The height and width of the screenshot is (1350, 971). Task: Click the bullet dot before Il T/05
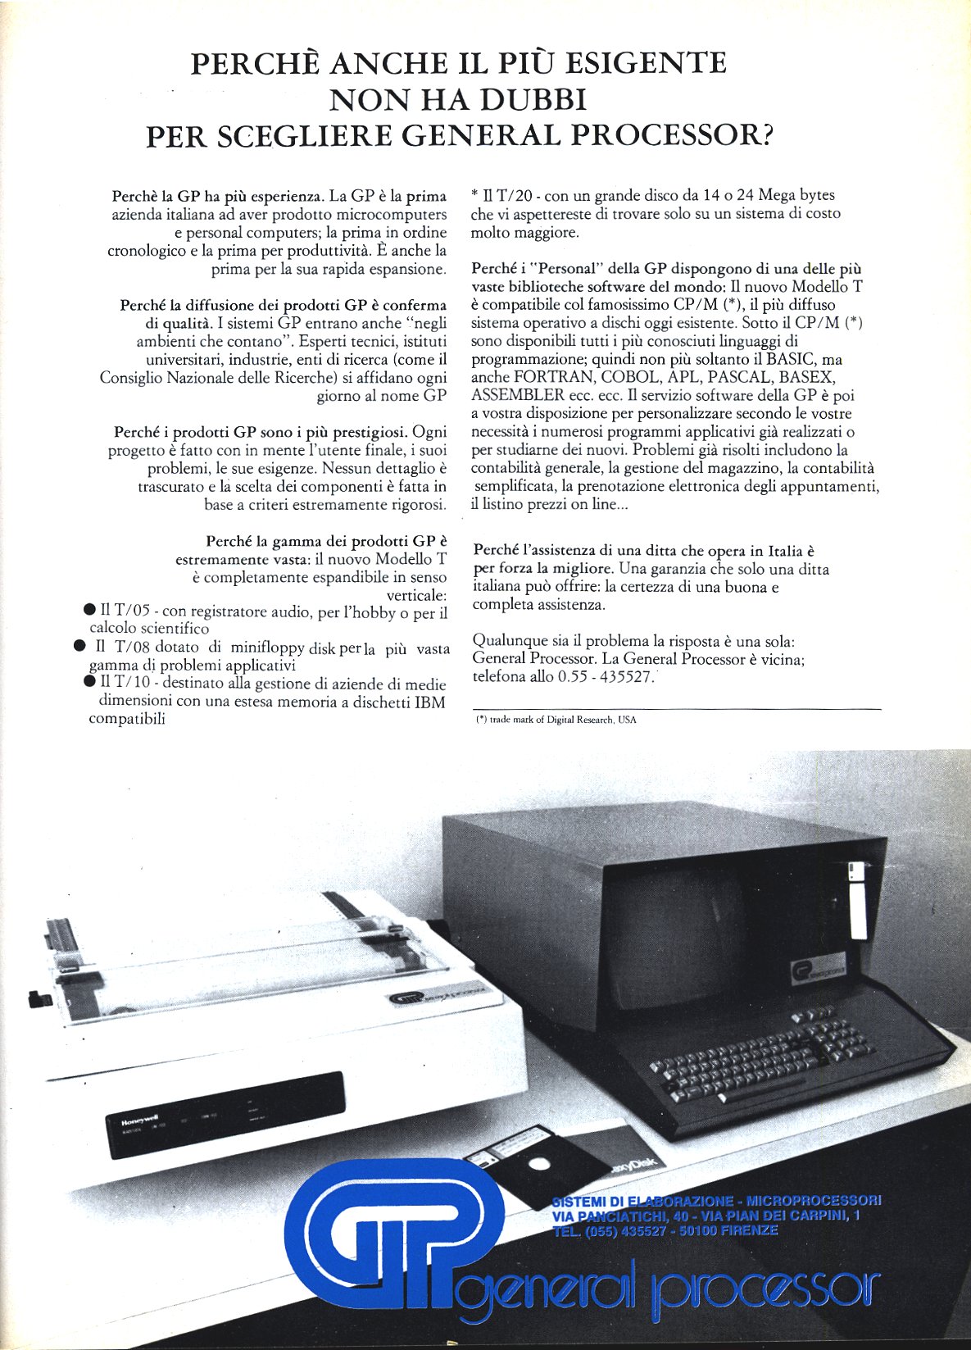point(89,610)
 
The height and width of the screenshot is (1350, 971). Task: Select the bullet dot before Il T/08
point(79,646)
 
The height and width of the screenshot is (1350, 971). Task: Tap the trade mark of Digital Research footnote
point(557,720)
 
